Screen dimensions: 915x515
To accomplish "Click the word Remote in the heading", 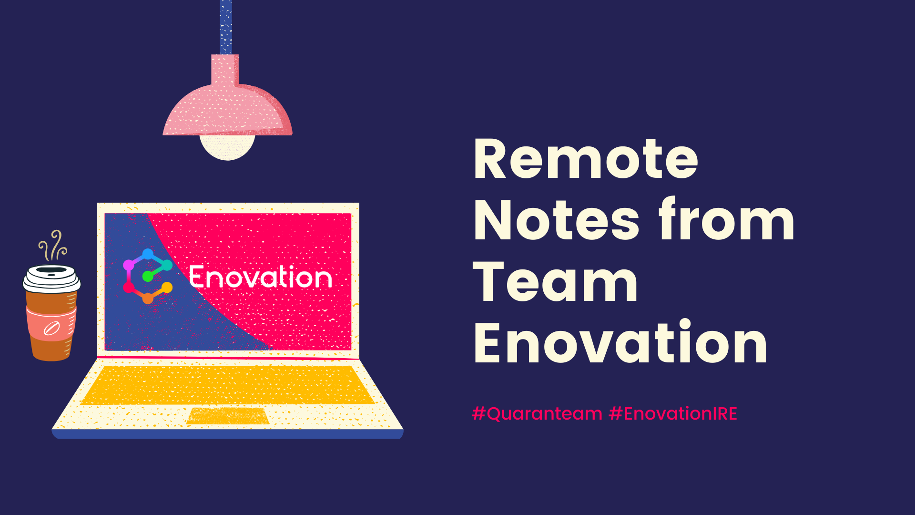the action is [586, 159].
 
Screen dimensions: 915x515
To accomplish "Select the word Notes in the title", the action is [556, 220].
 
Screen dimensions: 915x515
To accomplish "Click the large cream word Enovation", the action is [620, 341].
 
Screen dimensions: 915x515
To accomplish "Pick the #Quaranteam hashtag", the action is [537, 413].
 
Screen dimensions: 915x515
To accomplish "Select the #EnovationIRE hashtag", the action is [673, 413].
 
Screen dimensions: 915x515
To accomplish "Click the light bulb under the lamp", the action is [227, 147].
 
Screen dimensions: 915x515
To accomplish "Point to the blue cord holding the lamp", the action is [226, 27].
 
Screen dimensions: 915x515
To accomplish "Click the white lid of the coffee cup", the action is [51, 278].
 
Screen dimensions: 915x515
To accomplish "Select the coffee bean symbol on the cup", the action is [51, 329].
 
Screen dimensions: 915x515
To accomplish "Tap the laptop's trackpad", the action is [228, 415].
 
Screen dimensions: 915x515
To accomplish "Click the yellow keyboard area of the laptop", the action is [228, 385].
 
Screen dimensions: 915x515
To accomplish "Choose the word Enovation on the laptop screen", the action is [260, 277].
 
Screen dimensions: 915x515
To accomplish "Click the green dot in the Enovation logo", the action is [148, 276].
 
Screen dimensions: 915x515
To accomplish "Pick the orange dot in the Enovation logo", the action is [148, 299].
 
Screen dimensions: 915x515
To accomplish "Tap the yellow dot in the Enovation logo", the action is [167, 288].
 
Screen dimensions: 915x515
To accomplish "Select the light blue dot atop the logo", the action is [148, 254].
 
